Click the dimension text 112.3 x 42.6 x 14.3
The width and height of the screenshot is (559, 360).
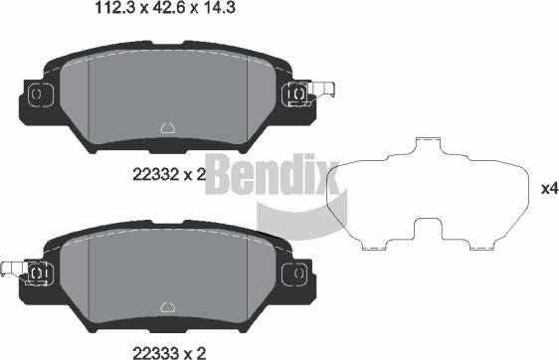[x=170, y=10]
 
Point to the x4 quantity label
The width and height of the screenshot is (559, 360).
[x=548, y=187]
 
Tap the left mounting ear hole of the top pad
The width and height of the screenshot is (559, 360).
[x=38, y=94]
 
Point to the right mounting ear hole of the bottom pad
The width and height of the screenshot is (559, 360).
[x=294, y=271]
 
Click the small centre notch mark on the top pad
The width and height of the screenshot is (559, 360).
[x=167, y=126]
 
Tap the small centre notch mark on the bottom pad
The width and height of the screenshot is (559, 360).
[x=167, y=302]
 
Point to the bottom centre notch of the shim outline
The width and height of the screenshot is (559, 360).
[x=428, y=228]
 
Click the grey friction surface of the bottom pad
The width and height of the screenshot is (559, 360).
[x=199, y=273]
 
